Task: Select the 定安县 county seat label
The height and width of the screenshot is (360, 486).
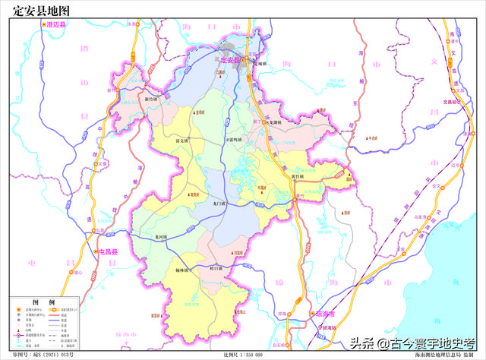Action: [229, 59]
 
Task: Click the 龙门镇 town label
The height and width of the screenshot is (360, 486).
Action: [219, 204]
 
